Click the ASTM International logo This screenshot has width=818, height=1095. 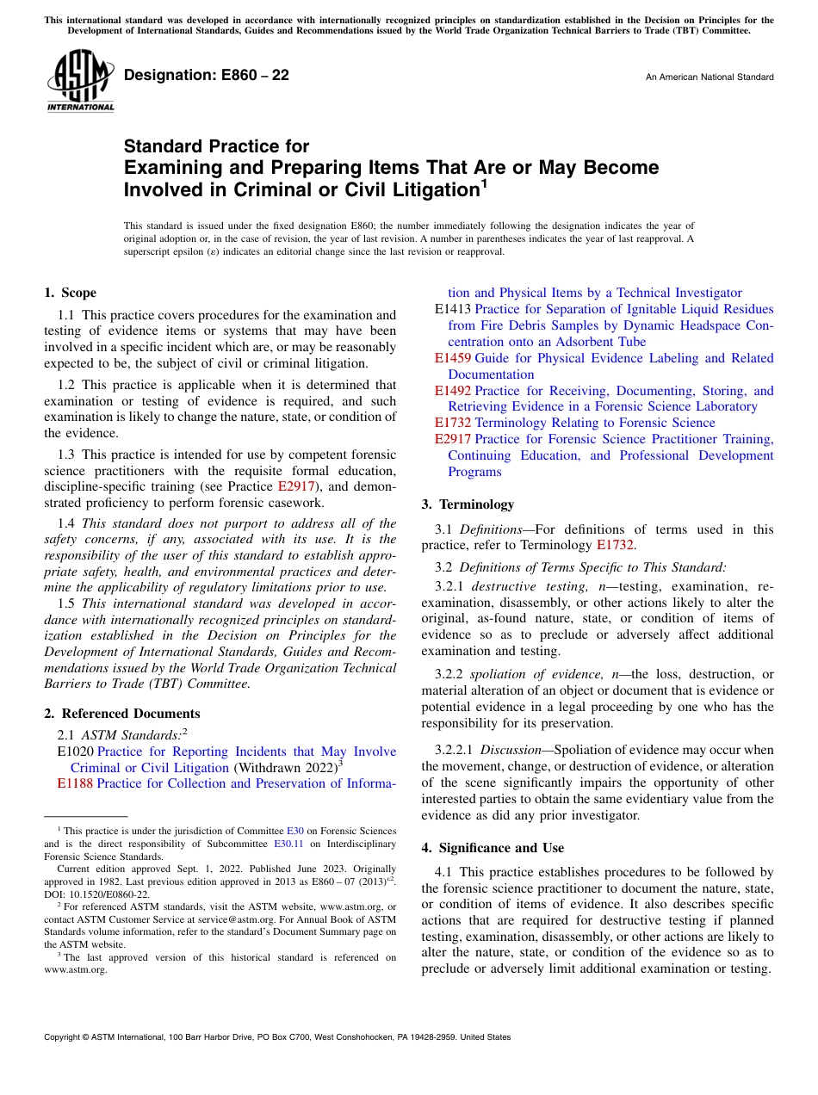click(79, 81)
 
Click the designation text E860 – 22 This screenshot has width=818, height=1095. click(207, 76)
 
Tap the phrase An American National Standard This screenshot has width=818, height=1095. click(709, 77)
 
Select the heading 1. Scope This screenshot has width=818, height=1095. click(71, 293)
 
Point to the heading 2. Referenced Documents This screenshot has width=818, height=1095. click(122, 714)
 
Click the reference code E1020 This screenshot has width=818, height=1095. click(75, 752)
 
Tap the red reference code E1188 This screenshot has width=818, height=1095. click(75, 783)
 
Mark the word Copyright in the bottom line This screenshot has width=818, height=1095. click(65, 1037)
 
